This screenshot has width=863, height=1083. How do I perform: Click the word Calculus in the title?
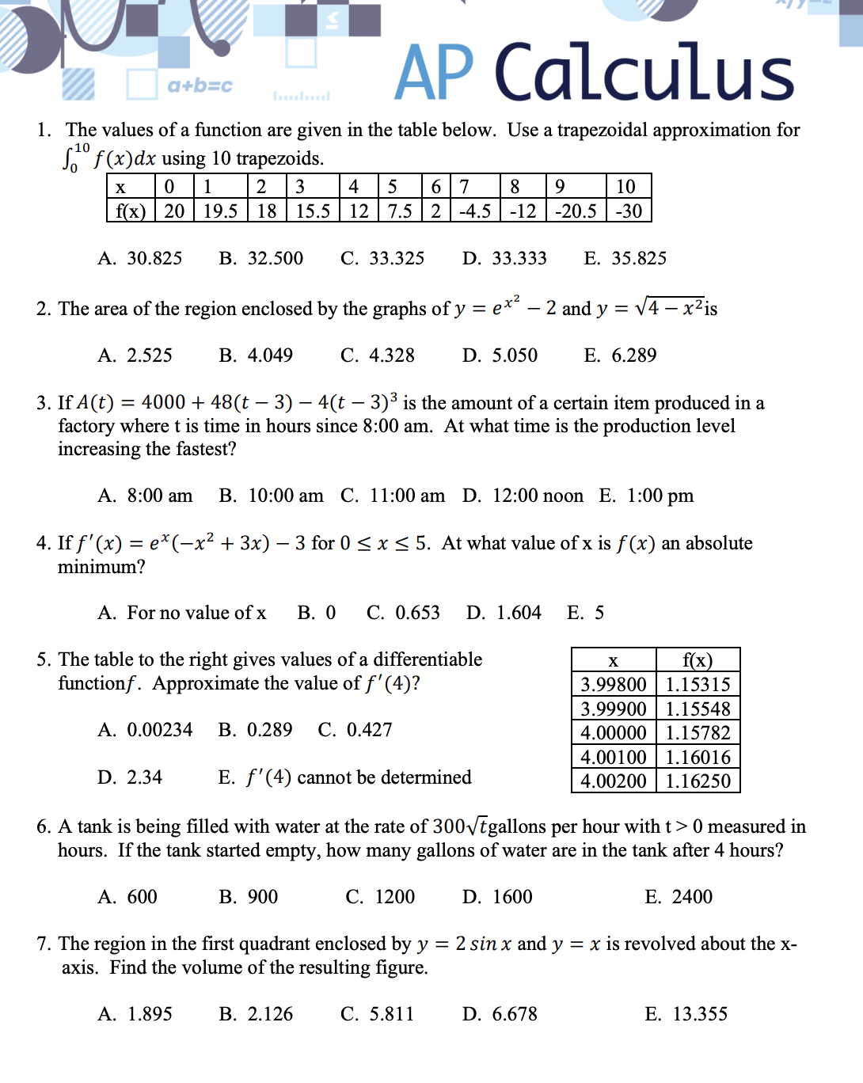coord(644,73)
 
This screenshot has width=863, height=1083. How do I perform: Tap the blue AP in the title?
coord(434,73)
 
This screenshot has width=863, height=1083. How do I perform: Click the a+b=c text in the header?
coord(200,85)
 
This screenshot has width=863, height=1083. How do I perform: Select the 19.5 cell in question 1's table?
coord(220,211)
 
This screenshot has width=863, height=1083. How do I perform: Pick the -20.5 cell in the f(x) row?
coord(576,211)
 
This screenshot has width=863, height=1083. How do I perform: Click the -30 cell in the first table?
coord(629,211)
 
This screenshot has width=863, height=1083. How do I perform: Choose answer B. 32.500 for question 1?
coord(261,259)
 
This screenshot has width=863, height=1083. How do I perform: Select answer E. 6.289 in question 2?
coord(620,355)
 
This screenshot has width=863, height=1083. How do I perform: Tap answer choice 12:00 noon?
coord(523,496)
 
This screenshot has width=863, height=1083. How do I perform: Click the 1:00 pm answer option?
coord(647,496)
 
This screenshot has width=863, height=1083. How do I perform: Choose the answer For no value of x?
coord(183,613)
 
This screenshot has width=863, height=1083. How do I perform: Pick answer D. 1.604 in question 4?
coord(504,613)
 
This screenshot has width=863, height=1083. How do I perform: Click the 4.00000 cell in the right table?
coord(614,733)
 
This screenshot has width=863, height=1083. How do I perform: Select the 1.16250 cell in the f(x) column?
coord(698,781)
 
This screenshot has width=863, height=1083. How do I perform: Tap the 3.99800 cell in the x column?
coord(614,685)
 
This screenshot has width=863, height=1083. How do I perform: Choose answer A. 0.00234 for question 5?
coord(146,730)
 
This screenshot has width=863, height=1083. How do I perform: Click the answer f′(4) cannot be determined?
coord(345,777)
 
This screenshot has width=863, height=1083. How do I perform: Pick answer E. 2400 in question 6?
coord(679,897)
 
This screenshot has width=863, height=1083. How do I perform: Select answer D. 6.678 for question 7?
coord(500,1014)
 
